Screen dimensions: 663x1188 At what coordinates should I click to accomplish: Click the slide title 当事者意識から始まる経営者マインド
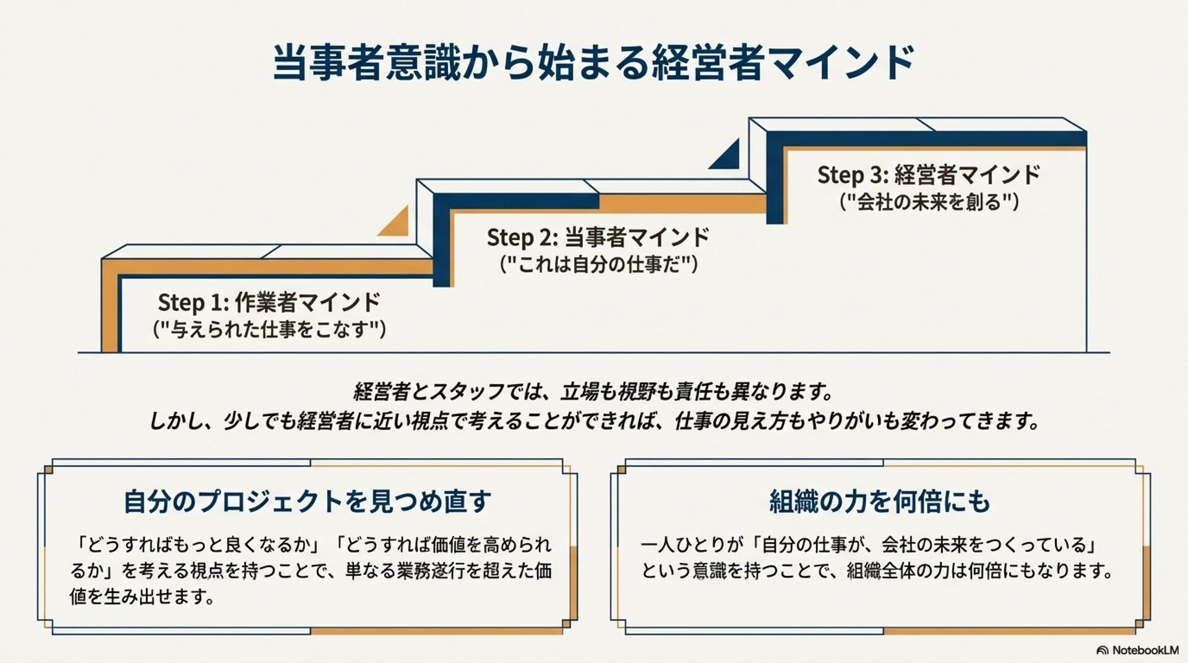pos(593,62)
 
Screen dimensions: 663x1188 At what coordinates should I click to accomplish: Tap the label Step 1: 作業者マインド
pos(269,302)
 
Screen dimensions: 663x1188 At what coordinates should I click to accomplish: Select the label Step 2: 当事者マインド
pos(598,237)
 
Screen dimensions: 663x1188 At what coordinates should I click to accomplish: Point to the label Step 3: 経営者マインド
pos(928,175)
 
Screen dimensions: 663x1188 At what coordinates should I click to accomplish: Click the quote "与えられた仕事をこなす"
pos(269,329)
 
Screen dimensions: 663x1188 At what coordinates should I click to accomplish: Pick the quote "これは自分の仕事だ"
pos(598,265)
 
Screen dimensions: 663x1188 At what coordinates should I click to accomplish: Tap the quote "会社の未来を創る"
pos(929,202)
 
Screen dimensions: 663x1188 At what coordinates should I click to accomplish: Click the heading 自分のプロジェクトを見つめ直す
pos(308,501)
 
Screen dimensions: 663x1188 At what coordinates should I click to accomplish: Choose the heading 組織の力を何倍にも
pos(879,501)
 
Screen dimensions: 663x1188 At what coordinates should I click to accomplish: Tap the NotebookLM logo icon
pos(1102,651)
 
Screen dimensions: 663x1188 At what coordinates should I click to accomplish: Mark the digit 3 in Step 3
pos(877,176)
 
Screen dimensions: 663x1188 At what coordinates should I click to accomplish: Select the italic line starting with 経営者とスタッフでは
pos(593,391)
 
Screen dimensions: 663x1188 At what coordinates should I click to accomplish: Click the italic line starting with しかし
pos(593,421)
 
